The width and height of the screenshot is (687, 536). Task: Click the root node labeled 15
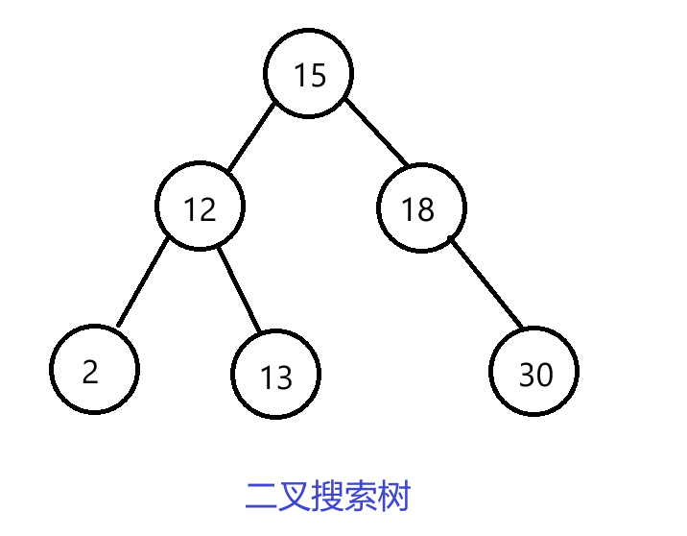(x=309, y=74)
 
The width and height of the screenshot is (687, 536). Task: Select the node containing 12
(x=201, y=207)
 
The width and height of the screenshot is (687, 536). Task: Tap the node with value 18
(x=421, y=207)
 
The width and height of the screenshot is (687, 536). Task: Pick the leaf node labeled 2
(x=94, y=370)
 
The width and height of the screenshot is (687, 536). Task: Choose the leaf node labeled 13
(x=276, y=375)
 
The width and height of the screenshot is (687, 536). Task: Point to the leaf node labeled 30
(x=534, y=373)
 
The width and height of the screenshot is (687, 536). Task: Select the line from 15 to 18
(x=376, y=132)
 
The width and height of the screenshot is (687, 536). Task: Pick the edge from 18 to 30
(x=486, y=285)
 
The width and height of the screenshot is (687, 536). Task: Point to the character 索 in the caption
(x=362, y=498)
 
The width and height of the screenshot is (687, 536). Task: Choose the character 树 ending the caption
(x=395, y=498)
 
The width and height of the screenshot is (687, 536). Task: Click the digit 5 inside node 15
(x=318, y=75)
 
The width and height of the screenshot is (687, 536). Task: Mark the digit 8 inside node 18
(x=426, y=209)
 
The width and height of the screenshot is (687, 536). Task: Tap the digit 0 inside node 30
(x=544, y=375)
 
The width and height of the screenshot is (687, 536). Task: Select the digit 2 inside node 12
(x=208, y=208)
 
